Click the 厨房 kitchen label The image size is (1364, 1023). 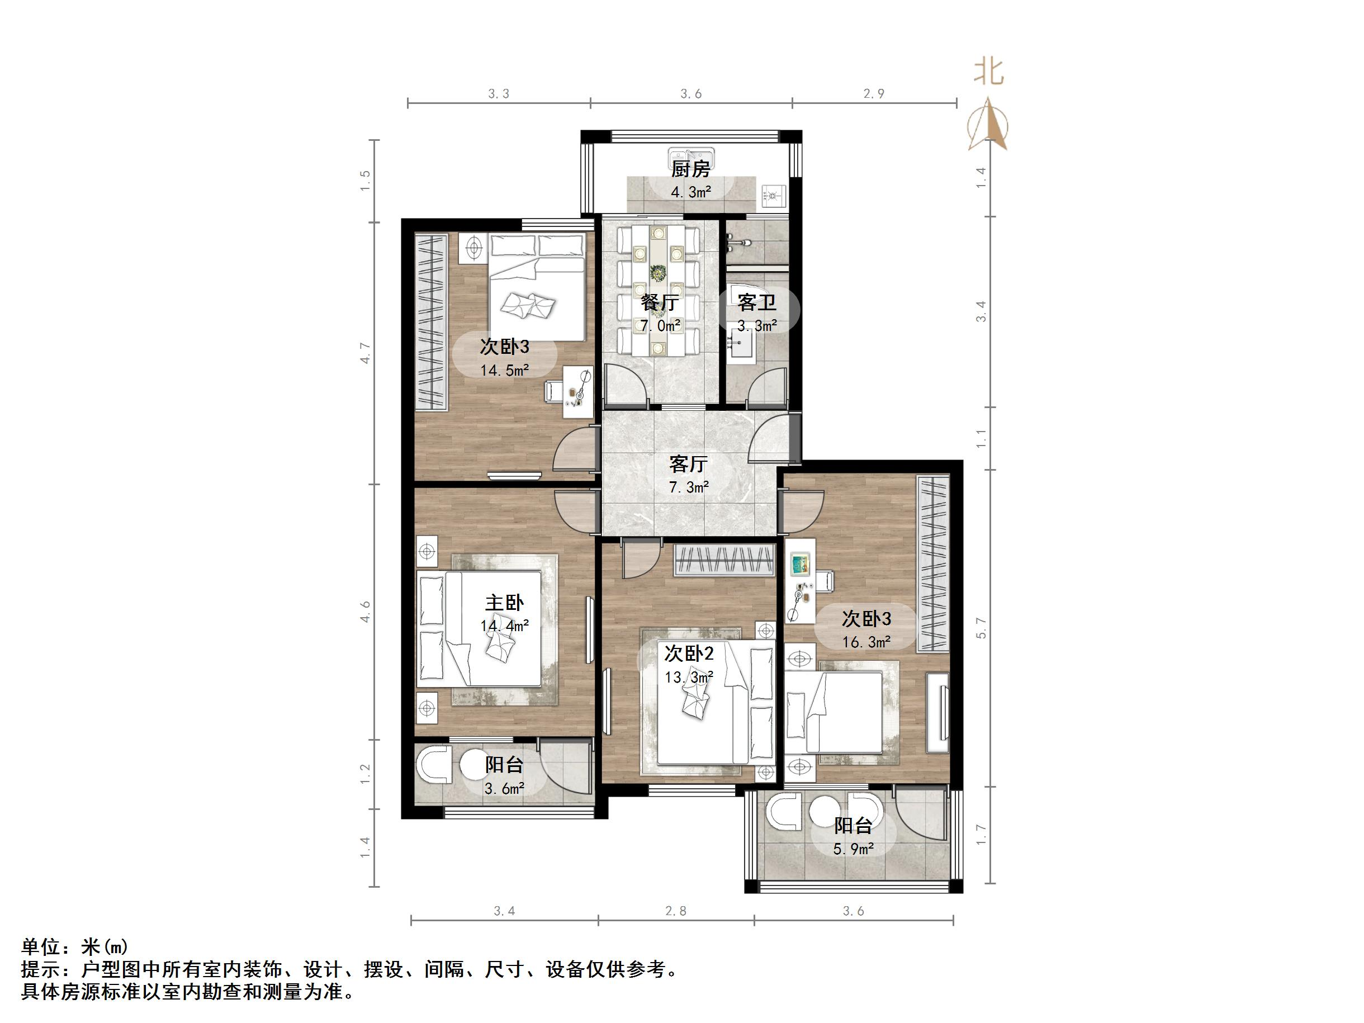[x=690, y=168]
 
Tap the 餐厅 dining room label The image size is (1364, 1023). [x=660, y=302]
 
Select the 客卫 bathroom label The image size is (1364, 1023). [x=756, y=302]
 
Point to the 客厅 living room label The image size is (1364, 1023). [x=688, y=463]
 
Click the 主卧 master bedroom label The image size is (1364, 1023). [x=504, y=603]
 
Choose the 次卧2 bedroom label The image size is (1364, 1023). [x=689, y=653]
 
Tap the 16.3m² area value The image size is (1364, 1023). [x=866, y=642]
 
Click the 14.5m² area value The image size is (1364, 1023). [x=505, y=371]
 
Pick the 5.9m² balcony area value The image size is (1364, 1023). [x=854, y=850]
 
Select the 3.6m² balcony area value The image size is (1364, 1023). [x=504, y=789]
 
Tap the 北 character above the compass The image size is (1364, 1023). [x=988, y=72]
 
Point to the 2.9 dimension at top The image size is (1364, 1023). [x=874, y=94]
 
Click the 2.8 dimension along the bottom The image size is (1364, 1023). [x=676, y=911]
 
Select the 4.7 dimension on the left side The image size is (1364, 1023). [x=365, y=353]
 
